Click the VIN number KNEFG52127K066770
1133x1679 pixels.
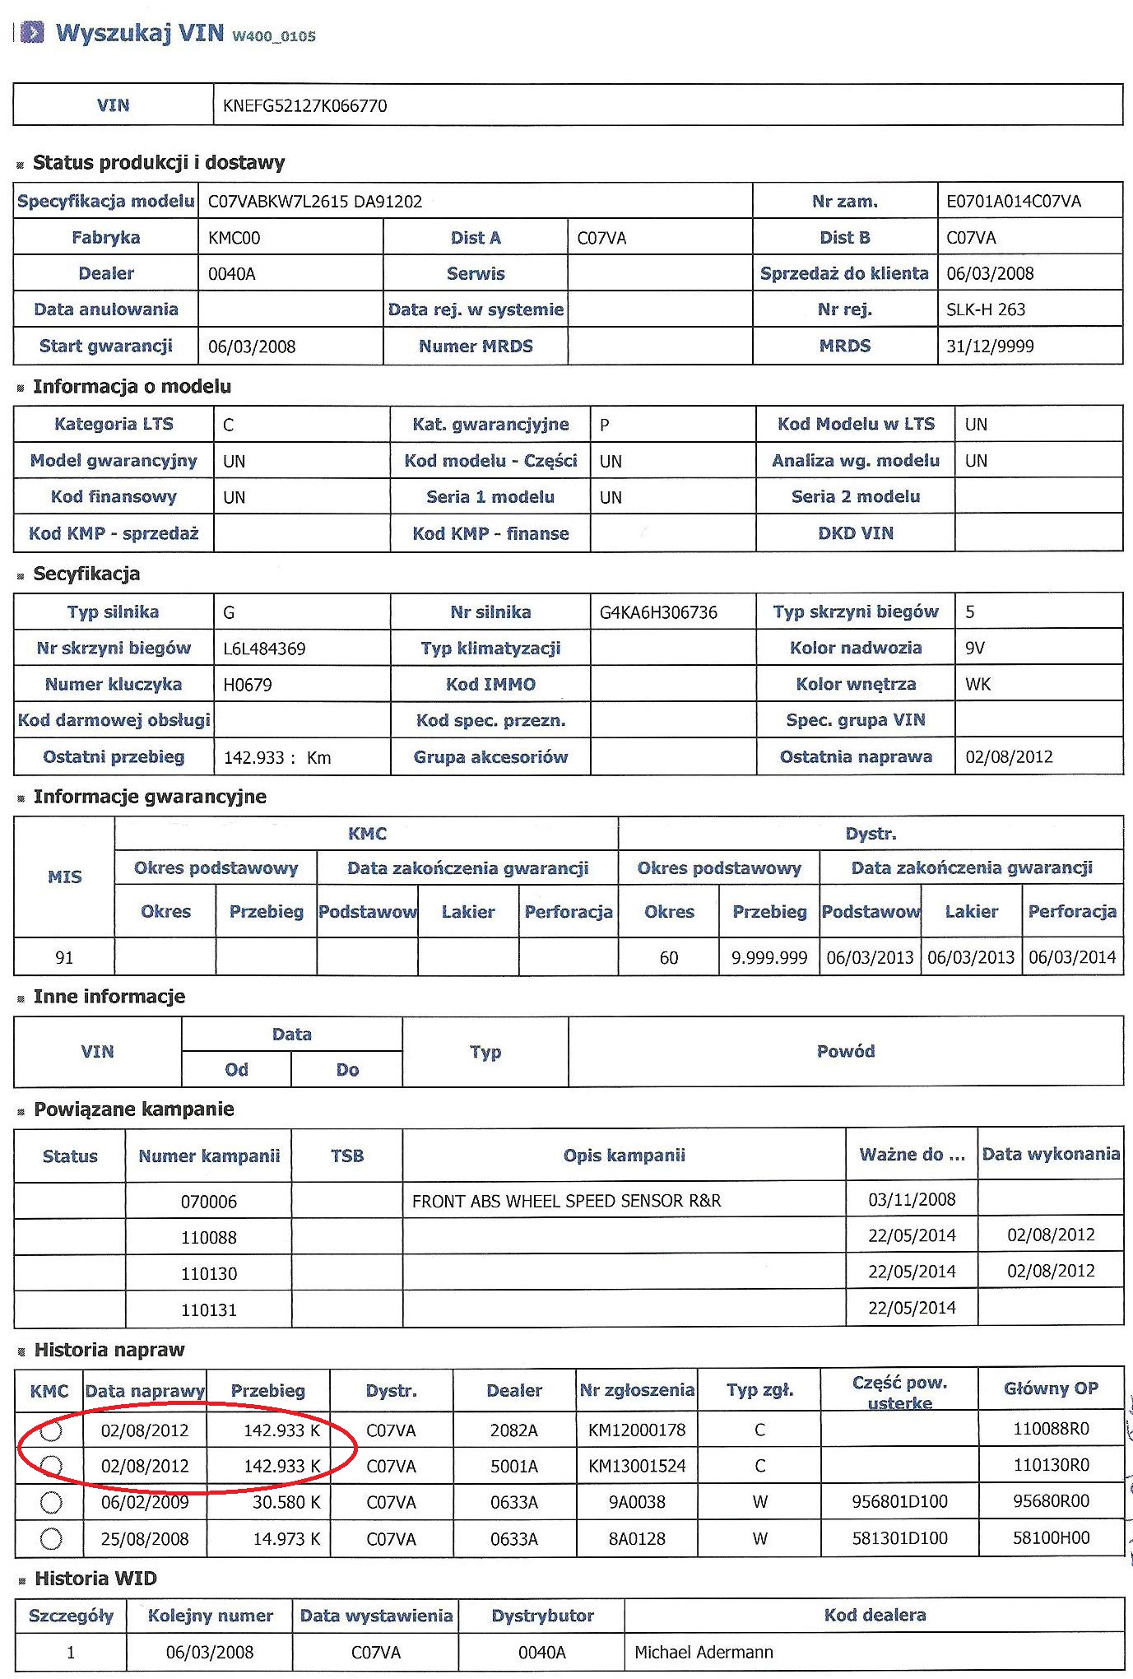304,105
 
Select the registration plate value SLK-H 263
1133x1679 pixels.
986,309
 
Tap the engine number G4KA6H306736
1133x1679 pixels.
658,612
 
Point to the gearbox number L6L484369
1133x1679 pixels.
264,649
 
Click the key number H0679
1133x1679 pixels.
248,685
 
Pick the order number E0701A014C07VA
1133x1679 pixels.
1014,202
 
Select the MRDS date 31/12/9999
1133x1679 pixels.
990,346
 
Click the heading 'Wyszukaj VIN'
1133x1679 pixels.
140,33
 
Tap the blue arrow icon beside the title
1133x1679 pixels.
32,32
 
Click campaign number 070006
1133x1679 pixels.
209,1202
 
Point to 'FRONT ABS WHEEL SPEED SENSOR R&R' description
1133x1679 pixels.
566,1201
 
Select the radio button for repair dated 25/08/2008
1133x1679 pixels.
51,1538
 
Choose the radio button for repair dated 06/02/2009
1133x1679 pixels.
51,1503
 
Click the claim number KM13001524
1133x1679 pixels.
637,1466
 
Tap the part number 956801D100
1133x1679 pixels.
899,1502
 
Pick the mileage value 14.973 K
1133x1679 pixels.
286,1539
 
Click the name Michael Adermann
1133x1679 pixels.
703,1652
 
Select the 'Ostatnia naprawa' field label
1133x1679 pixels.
856,757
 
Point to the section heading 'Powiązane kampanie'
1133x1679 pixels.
134,1109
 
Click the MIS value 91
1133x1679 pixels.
64,958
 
